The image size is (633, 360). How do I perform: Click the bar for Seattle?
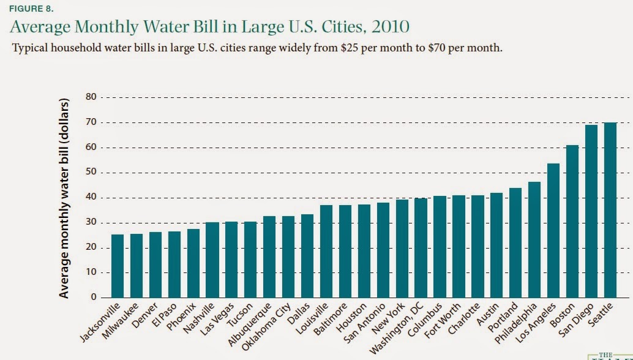(x=610, y=210)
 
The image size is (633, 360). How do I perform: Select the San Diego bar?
(x=591, y=211)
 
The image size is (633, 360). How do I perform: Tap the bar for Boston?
(x=572, y=221)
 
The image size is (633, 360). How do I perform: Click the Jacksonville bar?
(x=117, y=266)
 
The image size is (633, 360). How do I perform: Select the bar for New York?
(x=402, y=249)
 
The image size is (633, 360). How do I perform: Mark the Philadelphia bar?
(x=534, y=239)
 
